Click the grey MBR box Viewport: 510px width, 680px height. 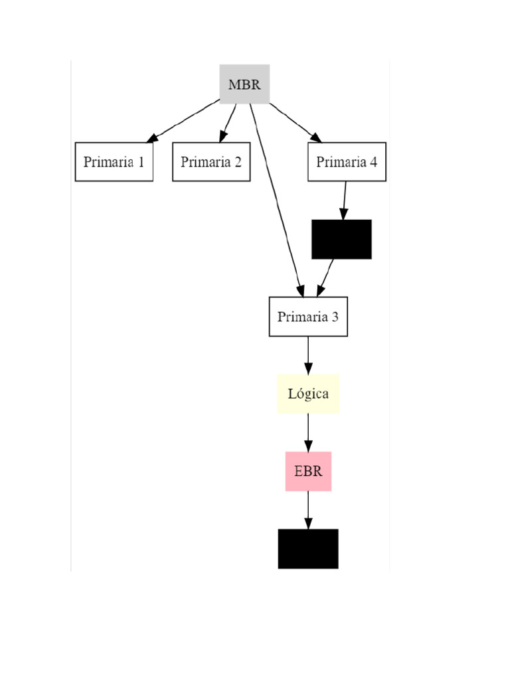244,84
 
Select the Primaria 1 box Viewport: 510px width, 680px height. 114,162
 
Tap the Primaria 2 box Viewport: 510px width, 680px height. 211,162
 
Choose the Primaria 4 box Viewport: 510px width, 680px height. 347,162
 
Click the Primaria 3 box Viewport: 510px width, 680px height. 308,317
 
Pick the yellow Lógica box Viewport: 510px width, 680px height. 308,394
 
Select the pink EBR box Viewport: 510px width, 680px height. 308,471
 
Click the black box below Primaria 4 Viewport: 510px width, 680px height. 341,239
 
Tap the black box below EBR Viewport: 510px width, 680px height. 308,549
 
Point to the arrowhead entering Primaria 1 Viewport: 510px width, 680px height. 153,138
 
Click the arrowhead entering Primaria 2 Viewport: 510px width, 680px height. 222,137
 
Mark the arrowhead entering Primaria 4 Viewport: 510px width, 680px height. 316,137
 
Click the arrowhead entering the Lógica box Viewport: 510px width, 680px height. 308,369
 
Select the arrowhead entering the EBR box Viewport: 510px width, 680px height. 308,446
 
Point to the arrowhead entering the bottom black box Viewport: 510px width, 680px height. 308,523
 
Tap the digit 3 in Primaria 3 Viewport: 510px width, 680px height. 335,317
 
